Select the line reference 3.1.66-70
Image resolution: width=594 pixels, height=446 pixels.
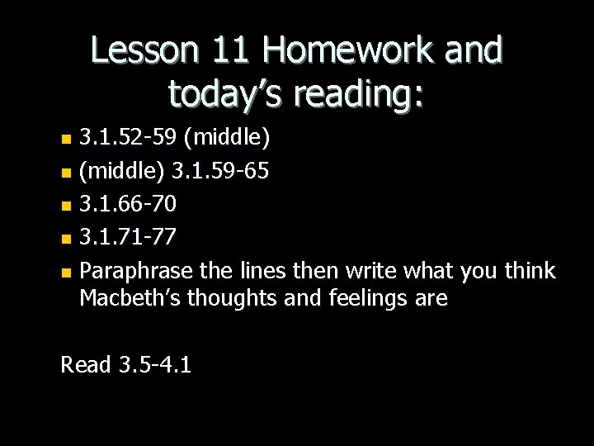pos(129,203)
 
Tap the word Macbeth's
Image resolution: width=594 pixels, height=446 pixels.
pos(130,298)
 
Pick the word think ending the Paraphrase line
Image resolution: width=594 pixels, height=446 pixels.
pos(528,272)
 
